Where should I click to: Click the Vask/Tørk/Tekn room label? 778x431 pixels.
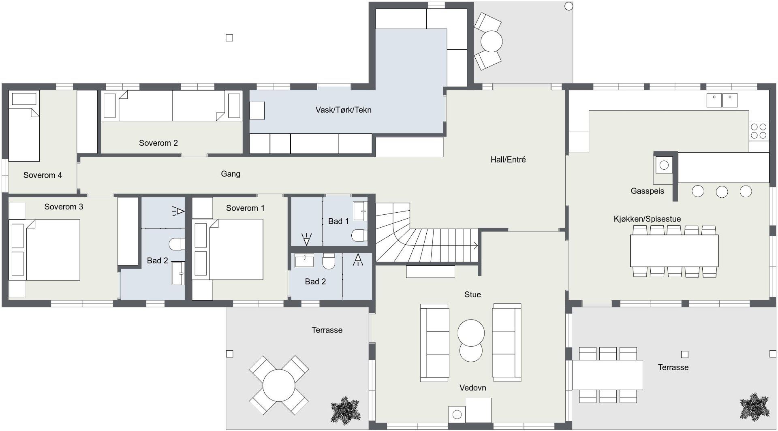(343, 110)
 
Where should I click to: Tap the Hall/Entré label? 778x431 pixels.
(508, 160)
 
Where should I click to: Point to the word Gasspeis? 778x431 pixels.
(647, 191)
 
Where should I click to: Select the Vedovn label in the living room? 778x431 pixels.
(472, 388)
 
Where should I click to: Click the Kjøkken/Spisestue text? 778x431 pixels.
(647, 219)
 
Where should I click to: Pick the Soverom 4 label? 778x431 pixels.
(43, 175)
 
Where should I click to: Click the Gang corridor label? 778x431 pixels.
(231, 174)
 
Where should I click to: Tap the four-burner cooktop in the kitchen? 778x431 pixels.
(759, 131)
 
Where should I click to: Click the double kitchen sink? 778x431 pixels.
(722, 100)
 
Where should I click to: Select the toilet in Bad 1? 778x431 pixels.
(359, 235)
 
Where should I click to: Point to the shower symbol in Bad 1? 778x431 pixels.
(306, 239)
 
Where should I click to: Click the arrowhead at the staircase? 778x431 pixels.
(476, 245)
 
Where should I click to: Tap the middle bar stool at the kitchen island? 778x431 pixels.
(722, 191)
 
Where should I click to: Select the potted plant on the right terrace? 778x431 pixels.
(754, 407)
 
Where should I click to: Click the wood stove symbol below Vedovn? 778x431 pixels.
(457, 414)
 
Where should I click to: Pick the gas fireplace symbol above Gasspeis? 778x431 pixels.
(664, 165)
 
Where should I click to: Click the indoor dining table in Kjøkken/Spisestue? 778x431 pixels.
(674, 250)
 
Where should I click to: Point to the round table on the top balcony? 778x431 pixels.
(491, 41)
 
